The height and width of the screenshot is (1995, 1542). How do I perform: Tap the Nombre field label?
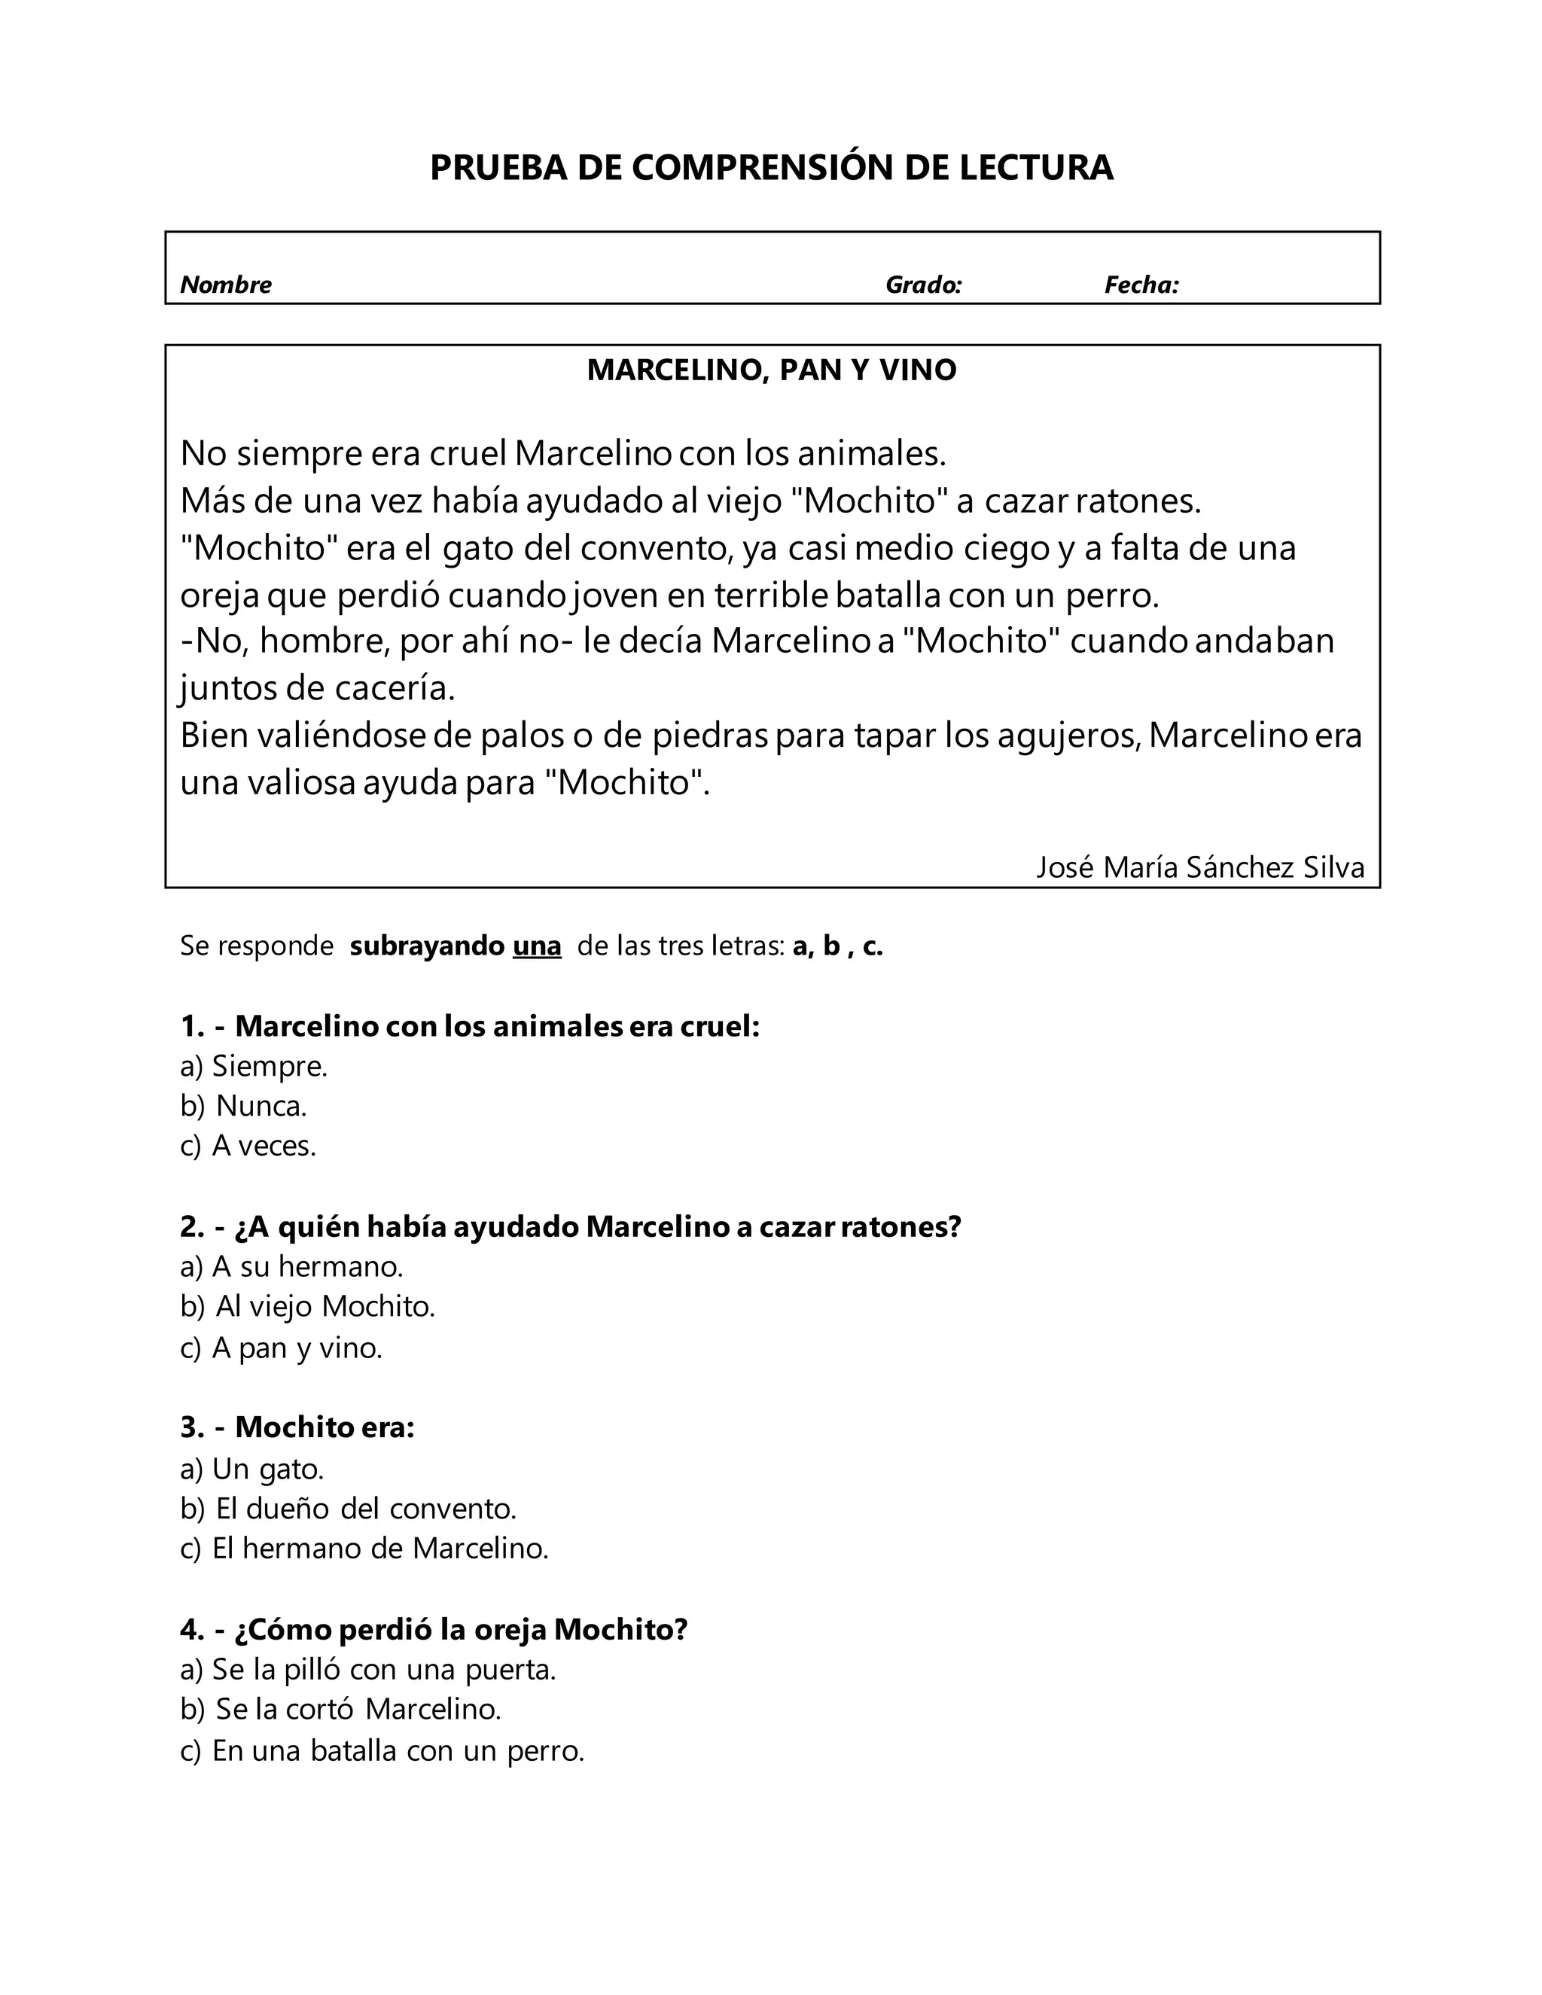pos(226,285)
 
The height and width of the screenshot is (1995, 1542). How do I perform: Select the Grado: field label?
pos(924,285)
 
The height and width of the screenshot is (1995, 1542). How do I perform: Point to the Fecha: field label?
pos(1141,285)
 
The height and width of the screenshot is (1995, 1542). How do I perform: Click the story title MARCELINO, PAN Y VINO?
pos(771,370)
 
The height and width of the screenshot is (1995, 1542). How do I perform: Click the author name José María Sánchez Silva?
pos(1199,866)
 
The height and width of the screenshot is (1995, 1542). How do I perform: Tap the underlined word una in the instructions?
pos(536,946)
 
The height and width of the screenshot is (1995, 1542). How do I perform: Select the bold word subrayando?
pos(427,946)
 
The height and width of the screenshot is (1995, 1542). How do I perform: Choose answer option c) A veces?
pos(248,1146)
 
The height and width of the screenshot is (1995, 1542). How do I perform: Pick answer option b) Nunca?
pos(243,1105)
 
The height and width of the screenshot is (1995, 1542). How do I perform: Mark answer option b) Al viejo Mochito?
pos(307,1306)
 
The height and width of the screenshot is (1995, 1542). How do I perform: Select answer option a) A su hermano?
pos(291,1266)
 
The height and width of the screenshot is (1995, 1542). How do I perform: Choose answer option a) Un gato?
pos(252,1469)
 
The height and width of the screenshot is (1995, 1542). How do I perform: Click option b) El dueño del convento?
pos(348,1508)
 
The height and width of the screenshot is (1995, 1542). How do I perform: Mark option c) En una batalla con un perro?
pos(382,1750)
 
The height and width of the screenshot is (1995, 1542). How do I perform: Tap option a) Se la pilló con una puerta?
pos(368,1670)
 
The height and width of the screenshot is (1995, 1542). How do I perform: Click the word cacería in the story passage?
pos(394,688)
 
